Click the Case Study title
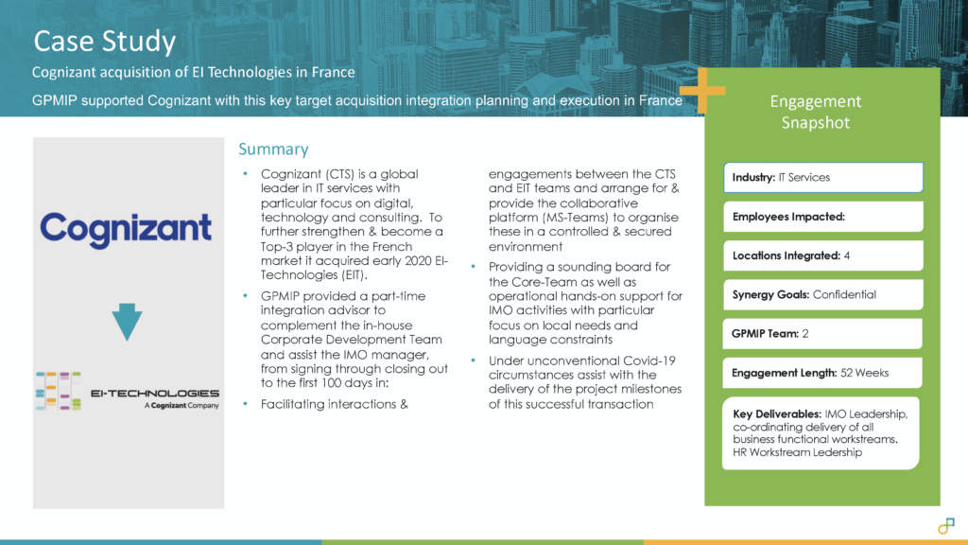(x=105, y=42)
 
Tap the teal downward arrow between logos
(x=126, y=323)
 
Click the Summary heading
(x=273, y=149)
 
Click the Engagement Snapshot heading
(x=815, y=112)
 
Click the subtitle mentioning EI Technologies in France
(x=194, y=73)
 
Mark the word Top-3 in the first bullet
(x=280, y=246)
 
